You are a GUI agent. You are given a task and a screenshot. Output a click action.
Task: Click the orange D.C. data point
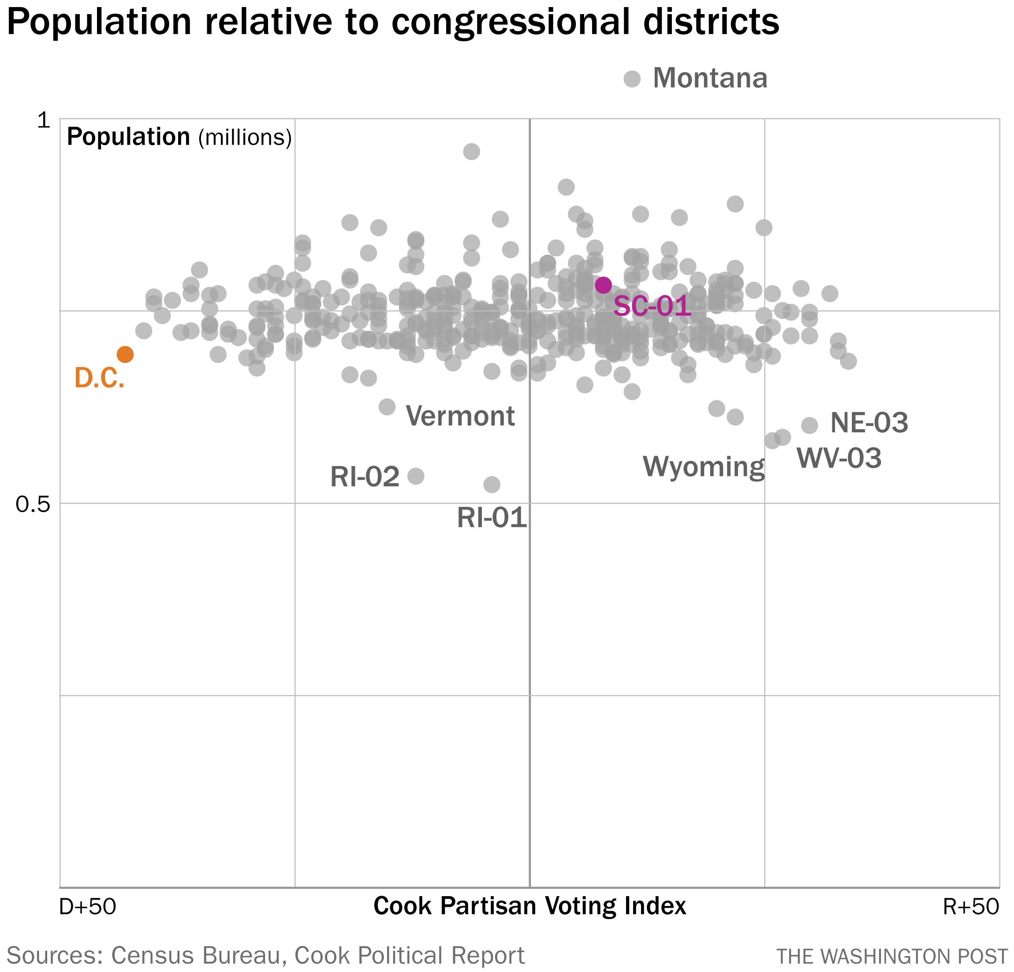pos(125,355)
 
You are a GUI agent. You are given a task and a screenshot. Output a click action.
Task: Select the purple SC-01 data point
pos(603,284)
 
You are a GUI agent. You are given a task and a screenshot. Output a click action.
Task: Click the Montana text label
pos(710,78)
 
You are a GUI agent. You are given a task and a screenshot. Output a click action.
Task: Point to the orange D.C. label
pos(99,378)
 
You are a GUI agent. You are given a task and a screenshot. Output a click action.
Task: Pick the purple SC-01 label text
pos(652,306)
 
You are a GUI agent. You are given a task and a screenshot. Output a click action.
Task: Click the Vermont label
pos(460,415)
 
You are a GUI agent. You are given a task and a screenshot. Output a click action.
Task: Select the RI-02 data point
pos(416,476)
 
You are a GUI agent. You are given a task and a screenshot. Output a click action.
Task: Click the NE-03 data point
pos(809,426)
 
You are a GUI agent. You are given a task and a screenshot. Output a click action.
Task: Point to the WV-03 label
pos(839,458)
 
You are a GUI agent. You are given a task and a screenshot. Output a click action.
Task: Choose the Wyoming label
pos(704,466)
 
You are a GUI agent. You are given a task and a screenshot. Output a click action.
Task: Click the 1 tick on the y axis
pos(44,120)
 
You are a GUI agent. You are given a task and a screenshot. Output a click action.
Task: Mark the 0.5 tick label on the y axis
pos(33,504)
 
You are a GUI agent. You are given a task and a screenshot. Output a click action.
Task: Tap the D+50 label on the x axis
pos(87,906)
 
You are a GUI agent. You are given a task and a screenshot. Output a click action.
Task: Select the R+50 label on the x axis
pos(970,906)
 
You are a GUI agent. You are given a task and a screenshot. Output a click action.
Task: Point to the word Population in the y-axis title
pos(128,137)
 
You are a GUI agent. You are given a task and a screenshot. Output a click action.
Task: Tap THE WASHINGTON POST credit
pos(892,957)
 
